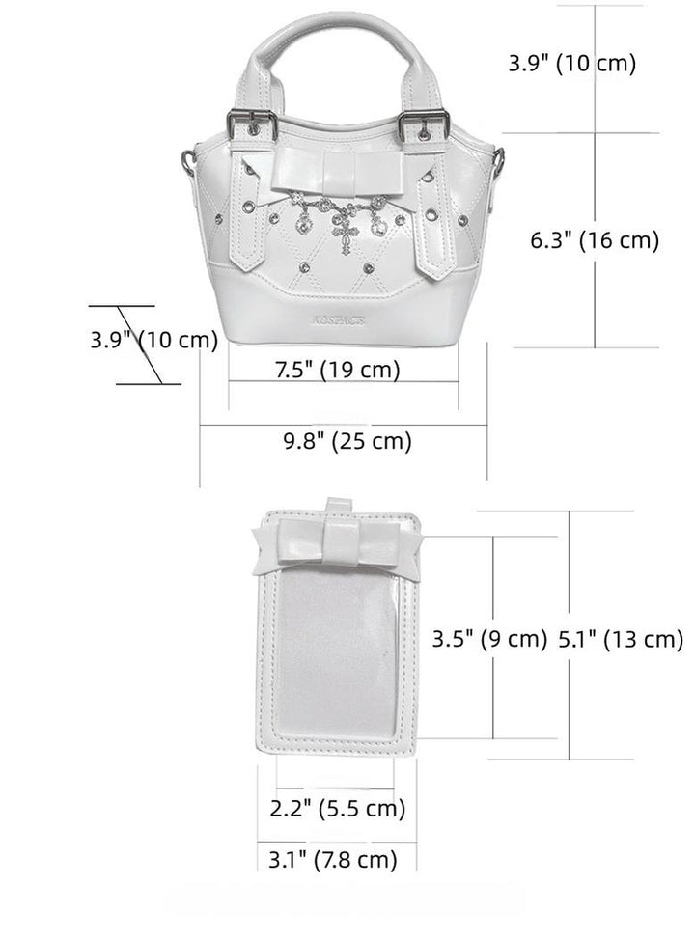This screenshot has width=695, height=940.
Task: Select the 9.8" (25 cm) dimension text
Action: [347, 441]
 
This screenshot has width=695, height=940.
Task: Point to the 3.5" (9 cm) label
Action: [489, 639]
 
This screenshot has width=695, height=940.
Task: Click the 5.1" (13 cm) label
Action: [621, 639]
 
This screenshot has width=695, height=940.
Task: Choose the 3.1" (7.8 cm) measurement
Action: [327, 858]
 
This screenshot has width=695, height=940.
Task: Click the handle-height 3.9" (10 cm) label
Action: [571, 64]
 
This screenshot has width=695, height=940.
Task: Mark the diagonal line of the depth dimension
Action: [148, 345]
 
